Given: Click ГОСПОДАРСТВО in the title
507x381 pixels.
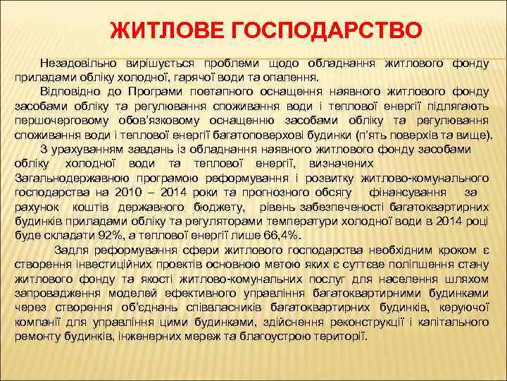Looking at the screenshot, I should [x=307, y=30].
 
